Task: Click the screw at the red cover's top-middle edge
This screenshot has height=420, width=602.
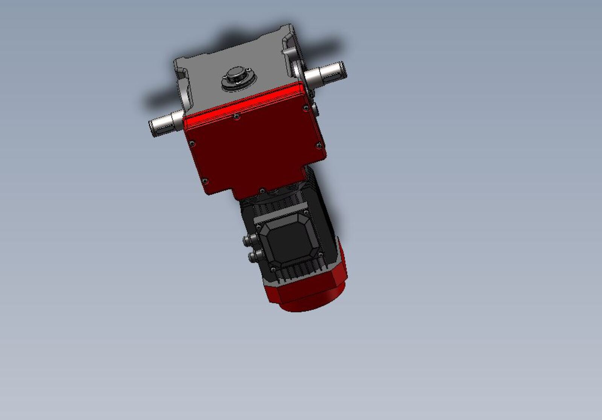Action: point(237,117)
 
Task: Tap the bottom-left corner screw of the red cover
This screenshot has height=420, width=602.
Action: point(205,181)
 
